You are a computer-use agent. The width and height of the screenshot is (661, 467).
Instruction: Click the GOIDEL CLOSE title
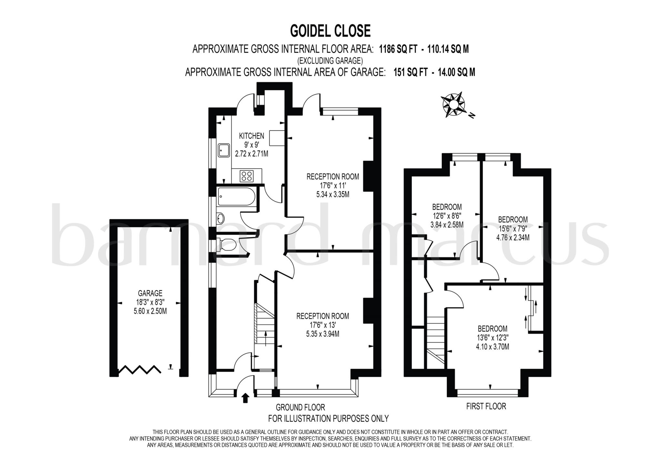[x=330, y=31]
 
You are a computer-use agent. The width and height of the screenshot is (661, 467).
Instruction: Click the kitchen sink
[x=223, y=150]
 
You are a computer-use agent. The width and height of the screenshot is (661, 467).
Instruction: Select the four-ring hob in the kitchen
[x=247, y=176]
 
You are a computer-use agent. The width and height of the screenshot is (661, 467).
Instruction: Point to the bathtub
[x=236, y=196]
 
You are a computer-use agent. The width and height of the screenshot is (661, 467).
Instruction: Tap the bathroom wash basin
[x=220, y=218]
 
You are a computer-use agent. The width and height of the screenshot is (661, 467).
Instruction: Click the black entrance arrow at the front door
[x=245, y=398]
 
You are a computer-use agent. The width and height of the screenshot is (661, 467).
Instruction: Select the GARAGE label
[x=150, y=293]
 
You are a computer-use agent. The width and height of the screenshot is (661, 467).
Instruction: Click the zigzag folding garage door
[x=140, y=370]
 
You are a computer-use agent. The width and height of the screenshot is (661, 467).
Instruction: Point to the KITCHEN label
[x=251, y=136]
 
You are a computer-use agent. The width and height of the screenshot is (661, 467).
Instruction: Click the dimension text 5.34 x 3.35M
[x=333, y=194]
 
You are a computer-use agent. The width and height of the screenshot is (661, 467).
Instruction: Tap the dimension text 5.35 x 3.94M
[x=322, y=334]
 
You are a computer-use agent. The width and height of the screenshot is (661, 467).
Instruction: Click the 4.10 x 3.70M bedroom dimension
[x=493, y=347]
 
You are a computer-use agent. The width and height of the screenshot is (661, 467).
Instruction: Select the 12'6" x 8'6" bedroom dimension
[x=447, y=216]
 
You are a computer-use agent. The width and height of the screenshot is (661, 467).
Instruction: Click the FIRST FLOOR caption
[x=486, y=406]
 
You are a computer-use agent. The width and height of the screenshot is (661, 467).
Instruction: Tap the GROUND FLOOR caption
[x=300, y=407]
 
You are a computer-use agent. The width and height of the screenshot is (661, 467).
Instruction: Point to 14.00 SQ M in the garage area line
[x=456, y=72]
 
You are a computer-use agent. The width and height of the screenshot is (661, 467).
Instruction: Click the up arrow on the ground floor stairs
[x=266, y=338]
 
